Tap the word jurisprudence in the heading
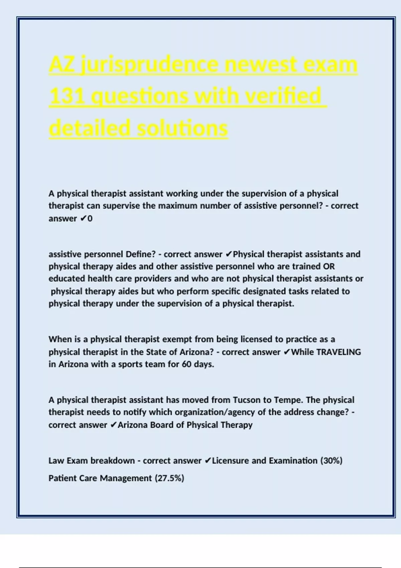pyautogui.click(x=150, y=64)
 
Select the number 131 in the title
pyautogui.click(x=66, y=96)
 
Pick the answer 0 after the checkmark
pyautogui.click(x=90, y=219)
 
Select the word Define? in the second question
pyautogui.click(x=141, y=255)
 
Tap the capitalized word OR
pyautogui.click(x=329, y=267)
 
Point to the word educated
pyautogui.click(x=66, y=279)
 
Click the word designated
pyautogui.click(x=264, y=291)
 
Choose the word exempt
pyautogui.click(x=177, y=339)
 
